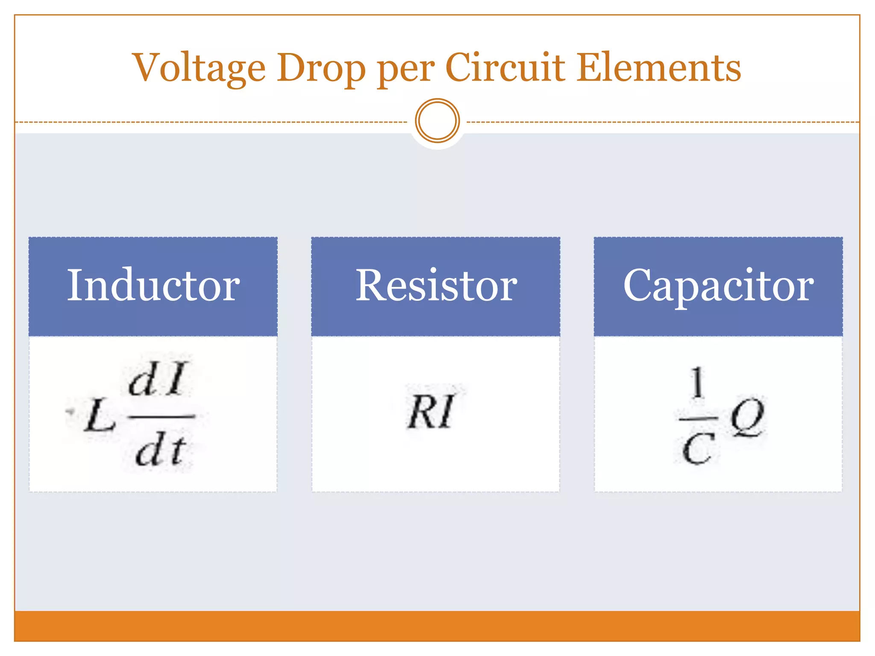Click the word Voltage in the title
click(x=199, y=68)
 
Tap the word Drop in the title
click(x=321, y=68)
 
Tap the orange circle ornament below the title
click(x=437, y=121)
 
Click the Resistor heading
click(x=436, y=285)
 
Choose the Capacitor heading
click(x=718, y=285)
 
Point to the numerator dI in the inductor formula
click(x=157, y=379)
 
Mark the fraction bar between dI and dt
click(x=161, y=416)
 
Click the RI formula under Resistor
click(x=431, y=411)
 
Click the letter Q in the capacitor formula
click(x=747, y=416)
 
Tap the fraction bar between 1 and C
click(x=698, y=419)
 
